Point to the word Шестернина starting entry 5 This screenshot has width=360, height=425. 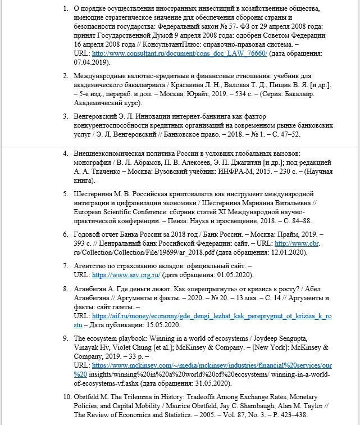click(96, 193)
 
